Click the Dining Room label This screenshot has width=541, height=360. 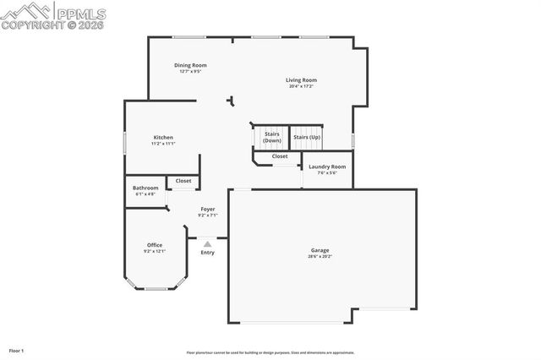190,65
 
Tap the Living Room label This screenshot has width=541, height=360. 301,80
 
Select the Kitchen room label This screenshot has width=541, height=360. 163,138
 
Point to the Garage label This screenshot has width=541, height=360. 320,250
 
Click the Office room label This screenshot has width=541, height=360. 154,245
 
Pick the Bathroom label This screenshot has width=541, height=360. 145,188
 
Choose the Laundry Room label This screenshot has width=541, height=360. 327,167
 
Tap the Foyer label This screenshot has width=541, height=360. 207,209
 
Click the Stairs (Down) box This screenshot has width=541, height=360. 271,137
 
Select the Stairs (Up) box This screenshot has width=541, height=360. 306,137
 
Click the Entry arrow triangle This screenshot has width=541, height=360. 207,243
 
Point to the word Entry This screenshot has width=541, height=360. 207,253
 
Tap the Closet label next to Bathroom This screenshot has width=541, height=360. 183,181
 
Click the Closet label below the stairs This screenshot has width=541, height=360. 279,156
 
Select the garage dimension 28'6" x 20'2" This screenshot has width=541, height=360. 320,256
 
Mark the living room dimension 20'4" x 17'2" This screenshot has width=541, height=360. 301,86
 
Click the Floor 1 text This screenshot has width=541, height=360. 17,350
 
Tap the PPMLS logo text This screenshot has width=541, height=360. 80,11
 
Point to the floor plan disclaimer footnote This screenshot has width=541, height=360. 270,352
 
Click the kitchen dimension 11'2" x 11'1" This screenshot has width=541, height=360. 163,144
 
